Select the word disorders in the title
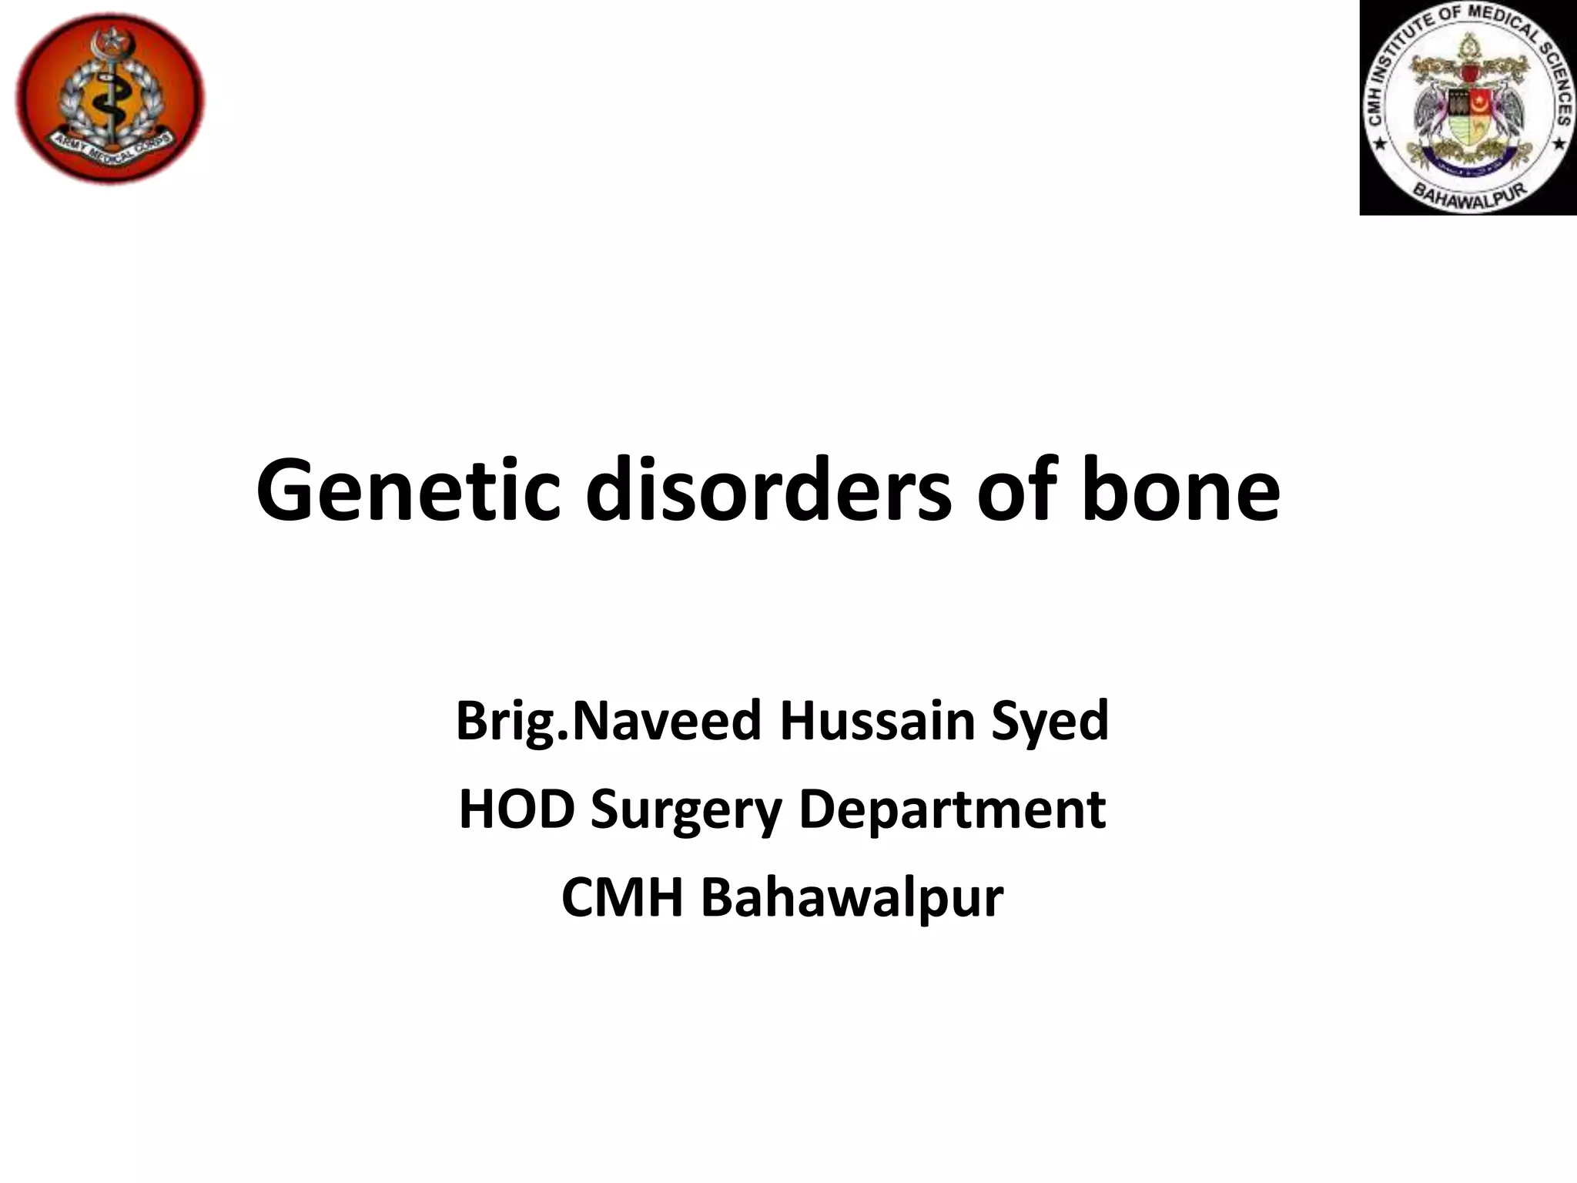[768, 491]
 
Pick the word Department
[952, 810]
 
